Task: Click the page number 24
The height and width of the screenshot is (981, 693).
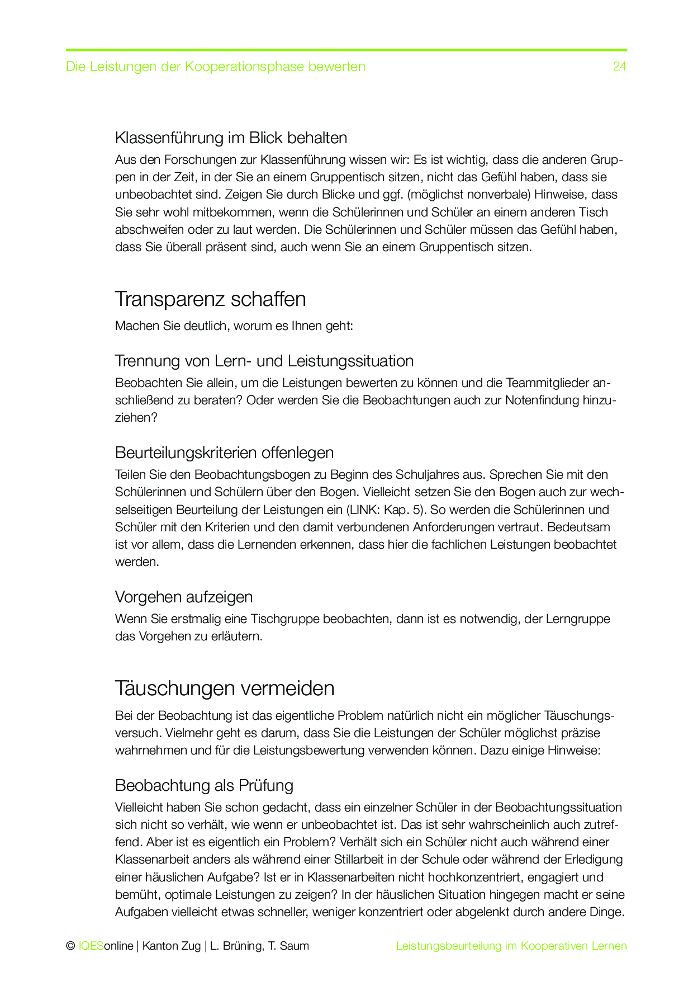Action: coord(619,67)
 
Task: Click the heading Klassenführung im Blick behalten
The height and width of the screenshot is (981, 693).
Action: coord(231,138)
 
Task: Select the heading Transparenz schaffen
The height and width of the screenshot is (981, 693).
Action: coord(210,299)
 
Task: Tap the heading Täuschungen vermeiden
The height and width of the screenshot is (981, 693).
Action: coord(225,688)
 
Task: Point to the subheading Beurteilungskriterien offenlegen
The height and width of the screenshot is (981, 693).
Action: coord(224,452)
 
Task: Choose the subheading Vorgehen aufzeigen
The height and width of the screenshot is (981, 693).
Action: coord(183,597)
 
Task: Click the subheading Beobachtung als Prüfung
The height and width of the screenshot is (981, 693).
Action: coord(204,785)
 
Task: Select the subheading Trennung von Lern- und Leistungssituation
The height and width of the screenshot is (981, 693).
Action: coord(264,361)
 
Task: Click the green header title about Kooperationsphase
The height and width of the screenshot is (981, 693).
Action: coord(215,67)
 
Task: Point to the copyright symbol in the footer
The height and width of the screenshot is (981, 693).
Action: coord(70,946)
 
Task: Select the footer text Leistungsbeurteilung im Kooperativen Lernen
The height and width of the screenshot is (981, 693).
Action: coord(511,946)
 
